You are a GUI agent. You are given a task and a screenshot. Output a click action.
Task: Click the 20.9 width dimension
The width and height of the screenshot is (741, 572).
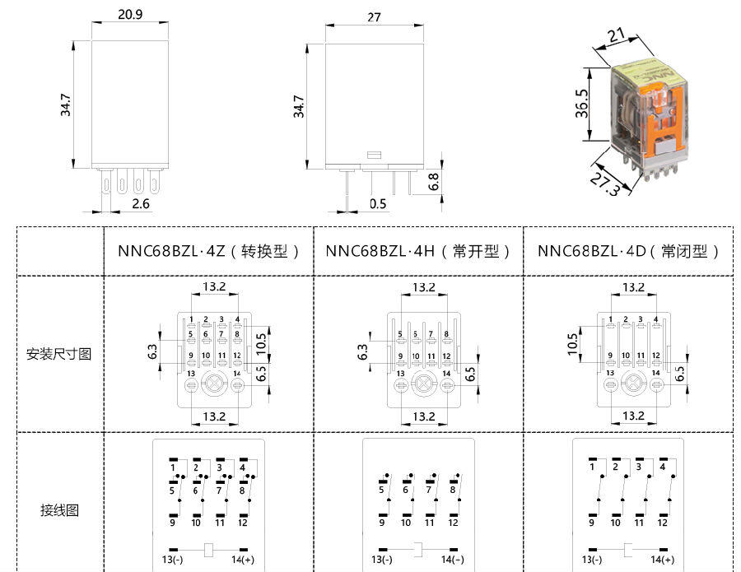[x=130, y=14]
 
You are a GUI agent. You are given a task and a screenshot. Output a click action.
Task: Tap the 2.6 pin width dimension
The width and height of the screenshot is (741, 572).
[x=140, y=203]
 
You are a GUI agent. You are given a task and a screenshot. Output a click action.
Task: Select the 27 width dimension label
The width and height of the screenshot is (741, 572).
[x=374, y=17]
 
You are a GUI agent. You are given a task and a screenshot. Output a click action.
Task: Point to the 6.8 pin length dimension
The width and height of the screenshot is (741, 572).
[x=434, y=182]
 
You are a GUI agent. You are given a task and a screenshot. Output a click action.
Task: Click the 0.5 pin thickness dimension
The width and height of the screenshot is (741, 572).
[x=378, y=203]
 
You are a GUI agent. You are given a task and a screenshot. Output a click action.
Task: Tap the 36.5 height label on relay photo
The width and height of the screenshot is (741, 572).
[x=582, y=104]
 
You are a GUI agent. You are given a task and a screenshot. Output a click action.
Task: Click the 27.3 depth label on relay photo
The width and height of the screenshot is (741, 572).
[x=605, y=184]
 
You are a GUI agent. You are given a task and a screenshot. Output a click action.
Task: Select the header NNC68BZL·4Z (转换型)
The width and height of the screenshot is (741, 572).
[x=208, y=251]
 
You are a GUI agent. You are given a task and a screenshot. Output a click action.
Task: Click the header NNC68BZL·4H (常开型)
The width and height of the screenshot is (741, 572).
[x=418, y=251]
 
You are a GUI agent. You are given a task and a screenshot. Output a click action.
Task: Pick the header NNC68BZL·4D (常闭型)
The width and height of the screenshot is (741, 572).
[x=628, y=251]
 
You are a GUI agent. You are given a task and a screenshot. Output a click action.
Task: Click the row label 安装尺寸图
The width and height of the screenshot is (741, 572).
[x=58, y=354]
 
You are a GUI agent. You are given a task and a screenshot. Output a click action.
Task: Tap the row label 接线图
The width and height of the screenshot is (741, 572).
[x=59, y=510]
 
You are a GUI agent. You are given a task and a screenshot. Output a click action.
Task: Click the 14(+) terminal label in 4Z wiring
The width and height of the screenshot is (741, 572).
[x=243, y=560]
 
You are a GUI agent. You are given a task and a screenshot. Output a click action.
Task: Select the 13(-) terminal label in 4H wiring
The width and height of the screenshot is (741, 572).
[x=382, y=560]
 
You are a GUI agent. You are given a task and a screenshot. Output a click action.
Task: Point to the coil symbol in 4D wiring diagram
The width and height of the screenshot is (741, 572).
[x=628, y=551]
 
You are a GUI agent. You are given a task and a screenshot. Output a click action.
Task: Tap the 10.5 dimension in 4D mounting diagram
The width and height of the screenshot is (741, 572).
[x=573, y=344]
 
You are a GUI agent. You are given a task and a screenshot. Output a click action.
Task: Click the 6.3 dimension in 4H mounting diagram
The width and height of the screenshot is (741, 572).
[x=362, y=352]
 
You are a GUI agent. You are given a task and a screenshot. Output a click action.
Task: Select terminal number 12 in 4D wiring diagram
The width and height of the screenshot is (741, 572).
[x=663, y=523]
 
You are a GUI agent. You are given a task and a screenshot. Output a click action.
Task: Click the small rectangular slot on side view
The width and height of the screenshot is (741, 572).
[x=374, y=155]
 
